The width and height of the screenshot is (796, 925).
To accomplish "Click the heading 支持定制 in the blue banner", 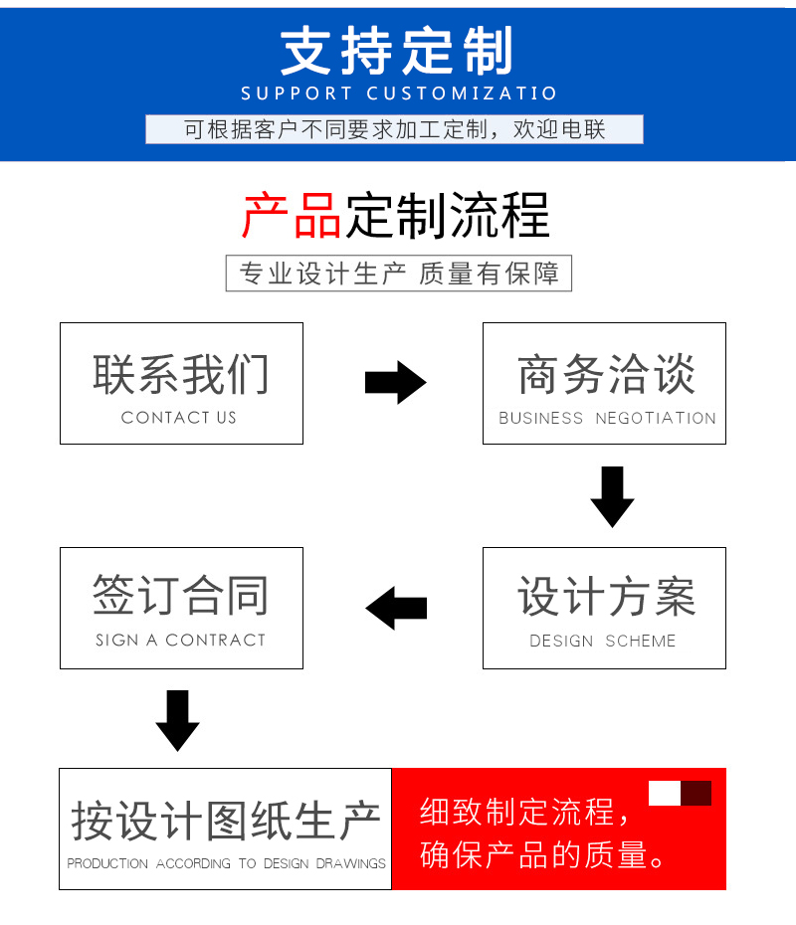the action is (397, 51).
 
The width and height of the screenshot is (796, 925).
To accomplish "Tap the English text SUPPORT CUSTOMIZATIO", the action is (399, 93).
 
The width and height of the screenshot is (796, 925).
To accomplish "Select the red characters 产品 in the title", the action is (292, 216).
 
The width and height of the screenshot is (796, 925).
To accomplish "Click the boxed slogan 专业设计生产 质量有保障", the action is (399, 274).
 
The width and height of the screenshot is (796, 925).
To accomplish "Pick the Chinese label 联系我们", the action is (181, 374).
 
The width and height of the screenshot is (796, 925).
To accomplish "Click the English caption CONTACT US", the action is (179, 418).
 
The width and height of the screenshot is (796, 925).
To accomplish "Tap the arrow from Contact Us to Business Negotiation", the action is (395, 382).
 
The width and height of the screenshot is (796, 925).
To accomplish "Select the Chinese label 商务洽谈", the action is (607, 374).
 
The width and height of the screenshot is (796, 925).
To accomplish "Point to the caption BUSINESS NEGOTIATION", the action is (607, 419).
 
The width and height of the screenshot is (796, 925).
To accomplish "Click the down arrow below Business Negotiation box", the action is (613, 496).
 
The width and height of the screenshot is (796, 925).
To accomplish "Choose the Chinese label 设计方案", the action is (607, 597).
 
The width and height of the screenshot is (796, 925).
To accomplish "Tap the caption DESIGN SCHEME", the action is (602, 641).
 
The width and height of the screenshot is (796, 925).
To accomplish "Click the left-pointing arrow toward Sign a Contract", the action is (396, 608).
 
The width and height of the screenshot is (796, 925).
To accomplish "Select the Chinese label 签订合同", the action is (180, 595).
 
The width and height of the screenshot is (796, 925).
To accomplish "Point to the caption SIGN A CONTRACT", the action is (180, 641).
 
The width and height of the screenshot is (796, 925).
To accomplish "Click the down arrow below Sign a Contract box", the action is (178, 720).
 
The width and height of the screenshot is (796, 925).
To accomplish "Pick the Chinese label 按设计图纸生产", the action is (226, 821).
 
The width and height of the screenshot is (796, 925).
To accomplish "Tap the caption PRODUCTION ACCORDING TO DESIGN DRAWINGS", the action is (226, 863).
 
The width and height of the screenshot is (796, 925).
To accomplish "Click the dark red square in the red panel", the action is (696, 794).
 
